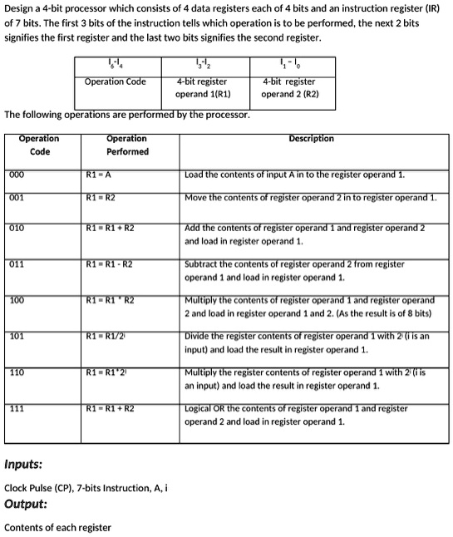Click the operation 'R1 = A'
(x=99, y=175)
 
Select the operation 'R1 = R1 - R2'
(x=109, y=264)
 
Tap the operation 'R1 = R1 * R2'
(x=109, y=299)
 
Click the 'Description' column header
(x=312, y=139)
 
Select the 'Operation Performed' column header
(x=127, y=145)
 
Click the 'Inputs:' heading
(x=24, y=464)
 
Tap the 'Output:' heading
(x=26, y=505)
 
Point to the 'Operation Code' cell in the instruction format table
(x=115, y=81)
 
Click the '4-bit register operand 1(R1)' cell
(x=203, y=87)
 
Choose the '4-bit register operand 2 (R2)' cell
(x=288, y=87)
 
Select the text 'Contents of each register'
(x=57, y=527)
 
